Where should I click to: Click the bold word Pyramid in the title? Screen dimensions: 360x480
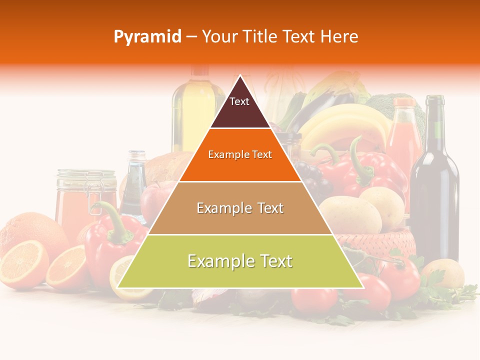(147, 36)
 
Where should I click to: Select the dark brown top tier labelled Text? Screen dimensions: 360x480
(239, 107)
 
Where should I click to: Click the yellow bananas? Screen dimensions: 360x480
(345, 125)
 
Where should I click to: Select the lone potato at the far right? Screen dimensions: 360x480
(442, 272)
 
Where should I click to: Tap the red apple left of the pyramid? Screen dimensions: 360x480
(152, 200)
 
